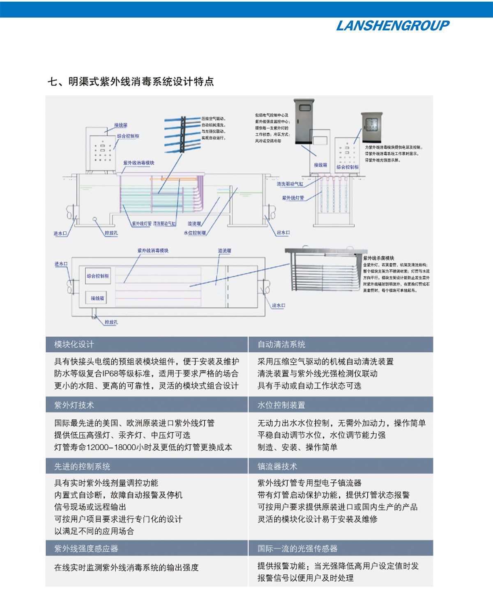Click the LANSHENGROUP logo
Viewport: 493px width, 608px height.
[x=392, y=26]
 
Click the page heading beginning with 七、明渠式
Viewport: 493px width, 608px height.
[x=131, y=81]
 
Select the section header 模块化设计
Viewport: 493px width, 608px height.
[x=74, y=344]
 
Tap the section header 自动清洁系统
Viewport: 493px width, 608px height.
[x=281, y=344]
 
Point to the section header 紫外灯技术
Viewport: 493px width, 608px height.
[x=74, y=405]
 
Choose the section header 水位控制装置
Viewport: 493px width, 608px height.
[x=281, y=405]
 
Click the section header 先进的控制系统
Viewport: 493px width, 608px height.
[x=82, y=466]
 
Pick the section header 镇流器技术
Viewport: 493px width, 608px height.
[x=277, y=466]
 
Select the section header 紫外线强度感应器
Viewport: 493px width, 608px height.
[x=86, y=548]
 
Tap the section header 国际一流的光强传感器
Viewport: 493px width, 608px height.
[x=297, y=548]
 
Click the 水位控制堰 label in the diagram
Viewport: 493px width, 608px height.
[x=195, y=233]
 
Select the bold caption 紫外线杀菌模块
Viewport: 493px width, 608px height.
[x=378, y=258]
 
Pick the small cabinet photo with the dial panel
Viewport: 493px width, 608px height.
[x=371, y=128]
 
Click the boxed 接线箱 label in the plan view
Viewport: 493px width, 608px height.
[x=97, y=298]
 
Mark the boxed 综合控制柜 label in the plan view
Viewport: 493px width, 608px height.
[x=98, y=276]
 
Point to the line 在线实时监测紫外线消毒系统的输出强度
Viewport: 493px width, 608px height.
[x=127, y=567]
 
